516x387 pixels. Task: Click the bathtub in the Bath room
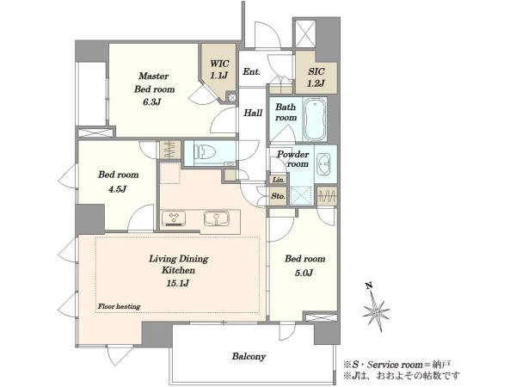[315, 120]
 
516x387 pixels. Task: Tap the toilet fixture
[205, 152]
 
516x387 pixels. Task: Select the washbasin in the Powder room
[325, 163]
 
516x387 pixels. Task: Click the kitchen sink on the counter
[216, 218]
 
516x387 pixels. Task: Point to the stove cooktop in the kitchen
[174, 218]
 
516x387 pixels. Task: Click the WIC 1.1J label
[219, 70]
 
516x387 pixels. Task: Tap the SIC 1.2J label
[316, 77]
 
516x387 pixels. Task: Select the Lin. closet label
[279, 180]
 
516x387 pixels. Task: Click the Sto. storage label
[278, 196]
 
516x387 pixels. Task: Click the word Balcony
[249, 356]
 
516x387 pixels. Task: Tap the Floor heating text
[120, 306]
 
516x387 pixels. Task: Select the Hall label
[253, 114]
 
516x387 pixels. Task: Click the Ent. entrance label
[252, 71]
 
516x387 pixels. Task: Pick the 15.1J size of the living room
[178, 283]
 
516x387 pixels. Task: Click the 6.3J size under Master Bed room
[151, 102]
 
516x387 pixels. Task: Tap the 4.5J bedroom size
[118, 189]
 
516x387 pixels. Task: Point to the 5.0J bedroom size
[304, 273]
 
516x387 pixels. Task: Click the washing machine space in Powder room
[301, 196]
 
